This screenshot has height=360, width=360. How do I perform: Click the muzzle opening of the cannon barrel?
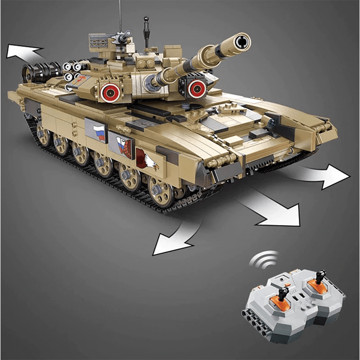pos(242,40)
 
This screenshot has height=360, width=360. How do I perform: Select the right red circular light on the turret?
pos(196,87)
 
